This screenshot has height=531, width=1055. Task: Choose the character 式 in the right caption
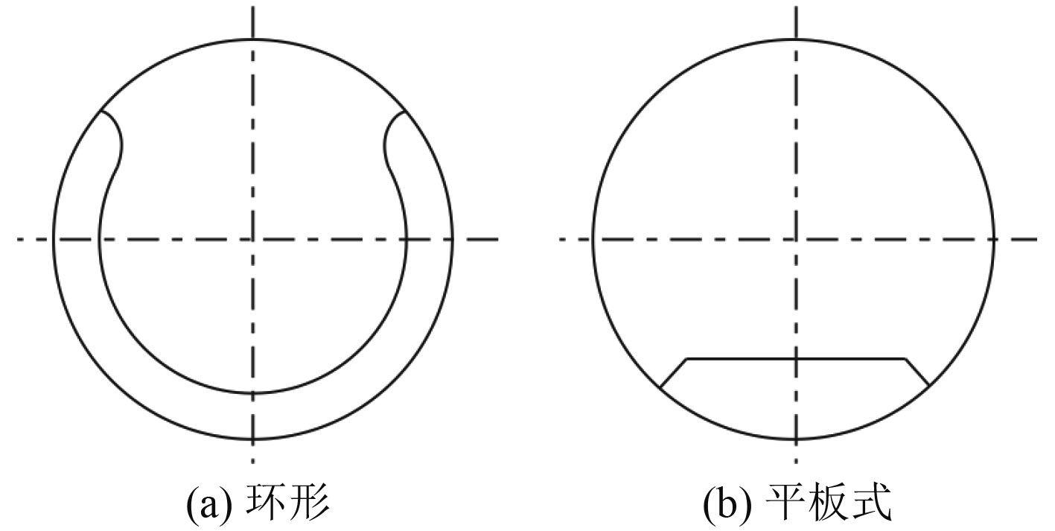pos(871,504)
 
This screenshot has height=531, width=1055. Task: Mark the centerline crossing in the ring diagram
pos(253,239)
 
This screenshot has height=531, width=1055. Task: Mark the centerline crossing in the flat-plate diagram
pos(796,239)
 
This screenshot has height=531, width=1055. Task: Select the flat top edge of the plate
pos(795,359)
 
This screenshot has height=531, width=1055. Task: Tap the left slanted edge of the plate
pos(673,372)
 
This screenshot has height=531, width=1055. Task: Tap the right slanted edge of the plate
pos(917,372)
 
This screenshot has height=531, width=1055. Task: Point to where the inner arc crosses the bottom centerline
pos(253,393)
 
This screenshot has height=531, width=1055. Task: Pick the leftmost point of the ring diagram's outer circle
pos(53,239)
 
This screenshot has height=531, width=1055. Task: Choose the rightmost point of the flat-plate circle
pos(996,239)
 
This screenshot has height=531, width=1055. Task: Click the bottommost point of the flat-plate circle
pos(796,440)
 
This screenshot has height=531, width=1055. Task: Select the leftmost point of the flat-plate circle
pos(593,239)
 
